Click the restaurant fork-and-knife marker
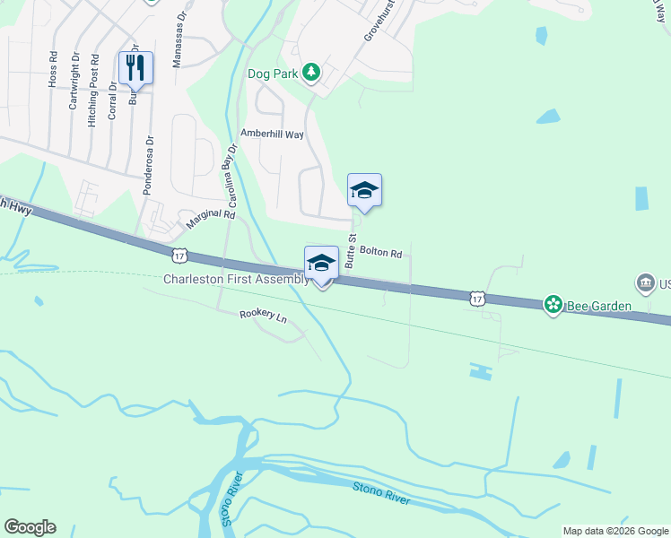click(135, 66)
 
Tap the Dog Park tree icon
click(311, 72)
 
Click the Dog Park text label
click(272, 73)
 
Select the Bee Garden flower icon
click(553, 306)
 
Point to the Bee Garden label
click(599, 306)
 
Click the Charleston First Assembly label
click(235, 279)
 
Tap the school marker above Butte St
click(364, 190)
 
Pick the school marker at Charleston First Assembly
click(322, 263)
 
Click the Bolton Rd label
click(380, 254)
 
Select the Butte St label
click(352, 252)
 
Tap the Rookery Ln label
click(263, 317)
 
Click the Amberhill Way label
click(272, 134)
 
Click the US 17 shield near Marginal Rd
click(180, 256)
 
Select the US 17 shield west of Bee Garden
click(476, 296)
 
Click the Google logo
click(30, 527)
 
